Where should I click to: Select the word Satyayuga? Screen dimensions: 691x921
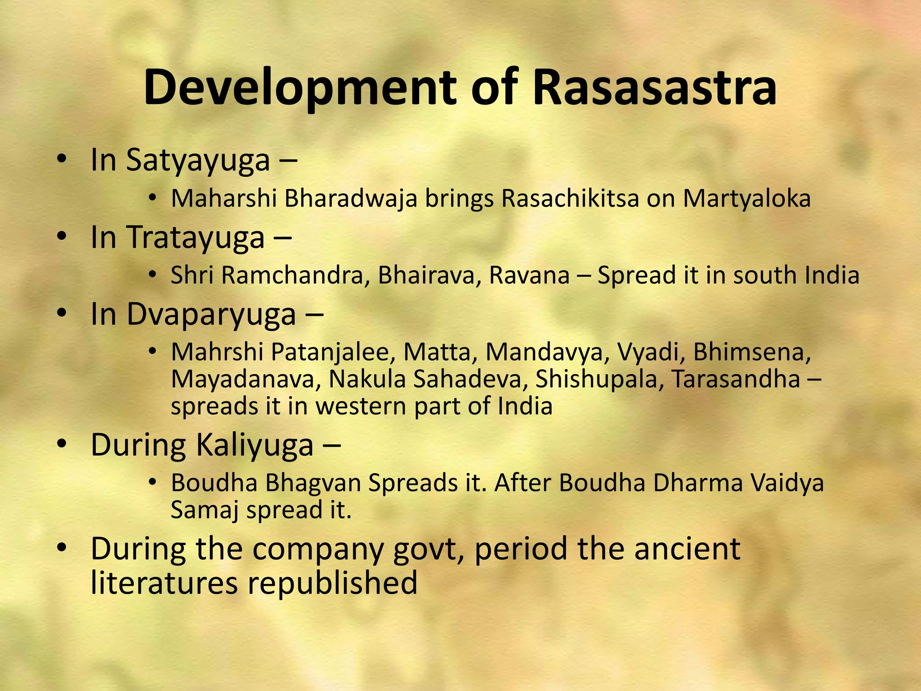[198, 161]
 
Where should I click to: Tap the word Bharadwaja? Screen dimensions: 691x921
[351, 198]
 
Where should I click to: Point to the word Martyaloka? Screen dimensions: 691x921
[747, 198]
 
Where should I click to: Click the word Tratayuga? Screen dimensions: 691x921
[195, 238]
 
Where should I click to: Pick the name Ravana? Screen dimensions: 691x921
[529, 275]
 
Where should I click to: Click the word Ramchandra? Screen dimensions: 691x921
[292, 275]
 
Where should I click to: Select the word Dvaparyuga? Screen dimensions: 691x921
[211, 314]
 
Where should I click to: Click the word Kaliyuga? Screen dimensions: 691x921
[255, 445]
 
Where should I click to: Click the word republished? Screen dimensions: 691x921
[332, 583]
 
